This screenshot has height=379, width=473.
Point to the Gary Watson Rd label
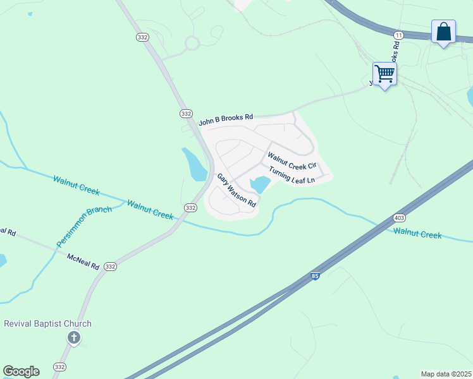tap(236, 191)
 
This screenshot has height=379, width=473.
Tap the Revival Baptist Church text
tap(48, 324)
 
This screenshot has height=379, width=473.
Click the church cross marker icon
tap(74, 338)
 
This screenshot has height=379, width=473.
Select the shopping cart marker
tap(384, 75)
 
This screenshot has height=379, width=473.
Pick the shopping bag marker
tap(443, 32)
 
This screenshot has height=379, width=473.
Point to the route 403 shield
tap(399, 218)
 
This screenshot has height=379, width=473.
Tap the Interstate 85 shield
tap(315, 276)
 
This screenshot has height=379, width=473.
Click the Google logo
tap(21, 371)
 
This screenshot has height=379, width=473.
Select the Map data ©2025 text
tap(445, 374)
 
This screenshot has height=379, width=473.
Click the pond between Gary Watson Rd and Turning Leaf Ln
tap(260, 185)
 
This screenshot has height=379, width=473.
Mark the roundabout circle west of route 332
tap(192, 44)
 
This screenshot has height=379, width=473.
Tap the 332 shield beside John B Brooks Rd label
tap(185, 113)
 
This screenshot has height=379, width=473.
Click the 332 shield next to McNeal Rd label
tap(111, 267)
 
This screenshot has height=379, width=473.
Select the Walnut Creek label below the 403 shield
tap(417, 234)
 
